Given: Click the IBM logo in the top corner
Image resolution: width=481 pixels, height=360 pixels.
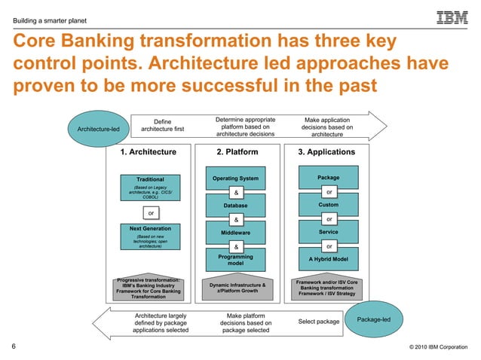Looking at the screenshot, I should [452, 17].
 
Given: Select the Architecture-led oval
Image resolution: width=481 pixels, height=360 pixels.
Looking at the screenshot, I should [94, 129].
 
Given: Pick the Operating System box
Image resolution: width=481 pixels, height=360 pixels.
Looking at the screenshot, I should [236, 178].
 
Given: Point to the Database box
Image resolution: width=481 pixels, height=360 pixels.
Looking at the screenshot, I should [236, 205].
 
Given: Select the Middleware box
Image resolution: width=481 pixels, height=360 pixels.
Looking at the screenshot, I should [236, 233].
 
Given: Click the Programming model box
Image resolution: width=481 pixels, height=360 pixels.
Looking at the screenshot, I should [236, 261].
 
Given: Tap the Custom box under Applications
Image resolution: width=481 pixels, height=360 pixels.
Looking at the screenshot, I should [329, 205].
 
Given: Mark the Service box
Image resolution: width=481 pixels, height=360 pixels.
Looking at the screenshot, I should [329, 232].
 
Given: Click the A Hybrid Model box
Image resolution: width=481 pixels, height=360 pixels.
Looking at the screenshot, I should [329, 259].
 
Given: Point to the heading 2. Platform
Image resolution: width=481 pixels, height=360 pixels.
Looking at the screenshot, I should [237, 152].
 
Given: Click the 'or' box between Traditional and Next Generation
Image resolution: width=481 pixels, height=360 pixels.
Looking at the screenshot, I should [151, 213].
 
